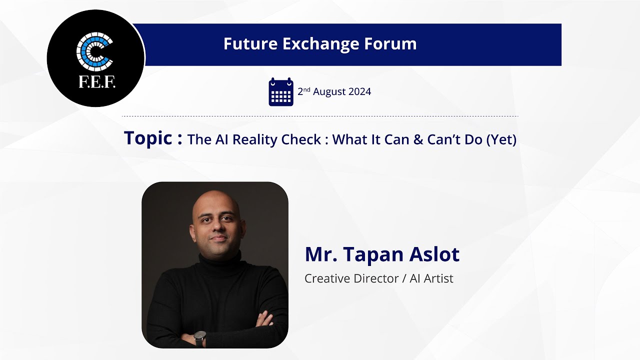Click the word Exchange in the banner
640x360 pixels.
point(321,44)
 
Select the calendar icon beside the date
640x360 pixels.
point(281,91)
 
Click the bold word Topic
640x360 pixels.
point(147,138)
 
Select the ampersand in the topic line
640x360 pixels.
point(418,139)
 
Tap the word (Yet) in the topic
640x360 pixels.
point(501,139)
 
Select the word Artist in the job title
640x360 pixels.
point(438,278)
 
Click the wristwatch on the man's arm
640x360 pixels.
point(199,338)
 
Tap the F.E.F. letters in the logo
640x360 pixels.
point(97,82)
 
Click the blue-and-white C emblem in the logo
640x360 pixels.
point(94,51)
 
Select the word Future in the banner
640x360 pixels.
point(250,44)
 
